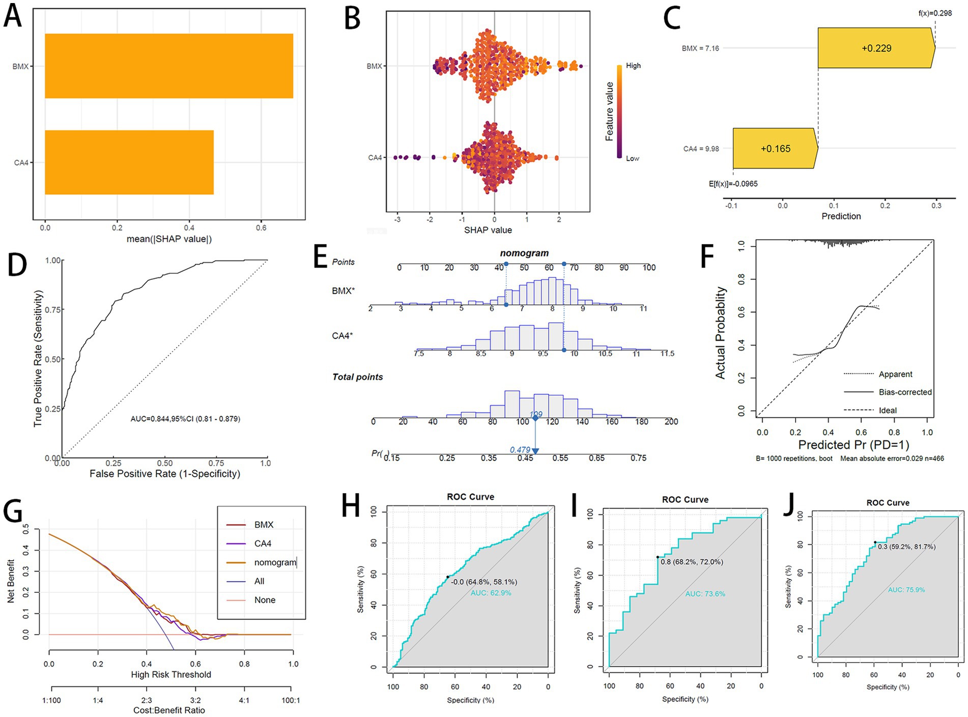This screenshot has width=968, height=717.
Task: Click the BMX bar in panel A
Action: (x=168, y=66)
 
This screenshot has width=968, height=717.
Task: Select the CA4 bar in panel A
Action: (x=129, y=162)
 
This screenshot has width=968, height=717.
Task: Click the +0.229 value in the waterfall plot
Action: (x=876, y=48)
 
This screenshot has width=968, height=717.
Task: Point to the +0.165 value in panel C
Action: (x=775, y=149)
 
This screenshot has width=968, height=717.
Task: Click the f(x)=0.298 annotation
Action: (x=934, y=13)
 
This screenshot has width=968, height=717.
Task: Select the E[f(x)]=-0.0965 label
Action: (x=733, y=184)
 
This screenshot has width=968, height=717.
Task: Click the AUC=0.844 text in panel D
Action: (x=185, y=419)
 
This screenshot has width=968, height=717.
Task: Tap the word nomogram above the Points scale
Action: (x=524, y=253)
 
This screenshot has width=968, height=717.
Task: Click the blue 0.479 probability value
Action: (x=520, y=450)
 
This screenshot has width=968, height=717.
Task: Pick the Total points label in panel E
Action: (x=357, y=377)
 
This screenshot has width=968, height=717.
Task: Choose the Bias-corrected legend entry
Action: (x=905, y=392)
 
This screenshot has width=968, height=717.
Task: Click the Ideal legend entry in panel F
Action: (x=888, y=410)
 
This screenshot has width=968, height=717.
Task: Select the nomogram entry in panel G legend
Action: (x=275, y=562)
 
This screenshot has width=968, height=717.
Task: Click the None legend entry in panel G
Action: (x=265, y=600)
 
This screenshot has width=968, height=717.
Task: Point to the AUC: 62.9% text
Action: (x=491, y=593)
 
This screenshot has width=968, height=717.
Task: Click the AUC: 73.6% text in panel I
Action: (x=705, y=594)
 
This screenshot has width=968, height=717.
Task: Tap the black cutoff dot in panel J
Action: (x=875, y=542)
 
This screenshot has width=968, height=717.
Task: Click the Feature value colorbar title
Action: (x=609, y=111)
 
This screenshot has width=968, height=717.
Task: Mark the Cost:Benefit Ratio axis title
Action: (x=169, y=710)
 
